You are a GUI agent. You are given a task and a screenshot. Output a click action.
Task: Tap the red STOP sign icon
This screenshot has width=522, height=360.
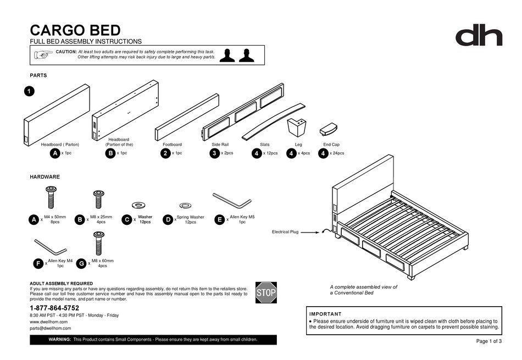pos(266,292)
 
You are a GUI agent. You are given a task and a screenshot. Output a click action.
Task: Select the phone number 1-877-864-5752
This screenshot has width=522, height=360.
pos(54,308)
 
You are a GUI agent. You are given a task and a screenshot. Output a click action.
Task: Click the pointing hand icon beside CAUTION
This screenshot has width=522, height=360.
pos(43,54)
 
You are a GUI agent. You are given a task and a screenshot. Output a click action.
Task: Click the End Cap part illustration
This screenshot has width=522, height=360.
pos(329,129)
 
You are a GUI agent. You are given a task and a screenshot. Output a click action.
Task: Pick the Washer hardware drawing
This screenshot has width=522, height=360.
pos(134,206)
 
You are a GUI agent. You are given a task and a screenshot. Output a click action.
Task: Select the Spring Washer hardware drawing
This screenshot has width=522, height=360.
pos(185,206)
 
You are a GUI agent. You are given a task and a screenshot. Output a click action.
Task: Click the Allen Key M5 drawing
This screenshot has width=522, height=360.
pos(231,199)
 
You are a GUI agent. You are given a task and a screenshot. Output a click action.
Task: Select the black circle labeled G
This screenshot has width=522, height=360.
pos(81,264)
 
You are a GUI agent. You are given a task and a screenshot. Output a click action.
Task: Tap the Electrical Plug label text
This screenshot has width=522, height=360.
pos(285,232)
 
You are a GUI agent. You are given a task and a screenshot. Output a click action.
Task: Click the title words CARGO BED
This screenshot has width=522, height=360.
pos(75,30)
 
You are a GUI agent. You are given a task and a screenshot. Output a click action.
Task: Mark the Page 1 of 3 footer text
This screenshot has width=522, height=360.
pos(488,341)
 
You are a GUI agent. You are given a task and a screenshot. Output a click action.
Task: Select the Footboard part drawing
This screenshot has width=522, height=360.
pos(187,117)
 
